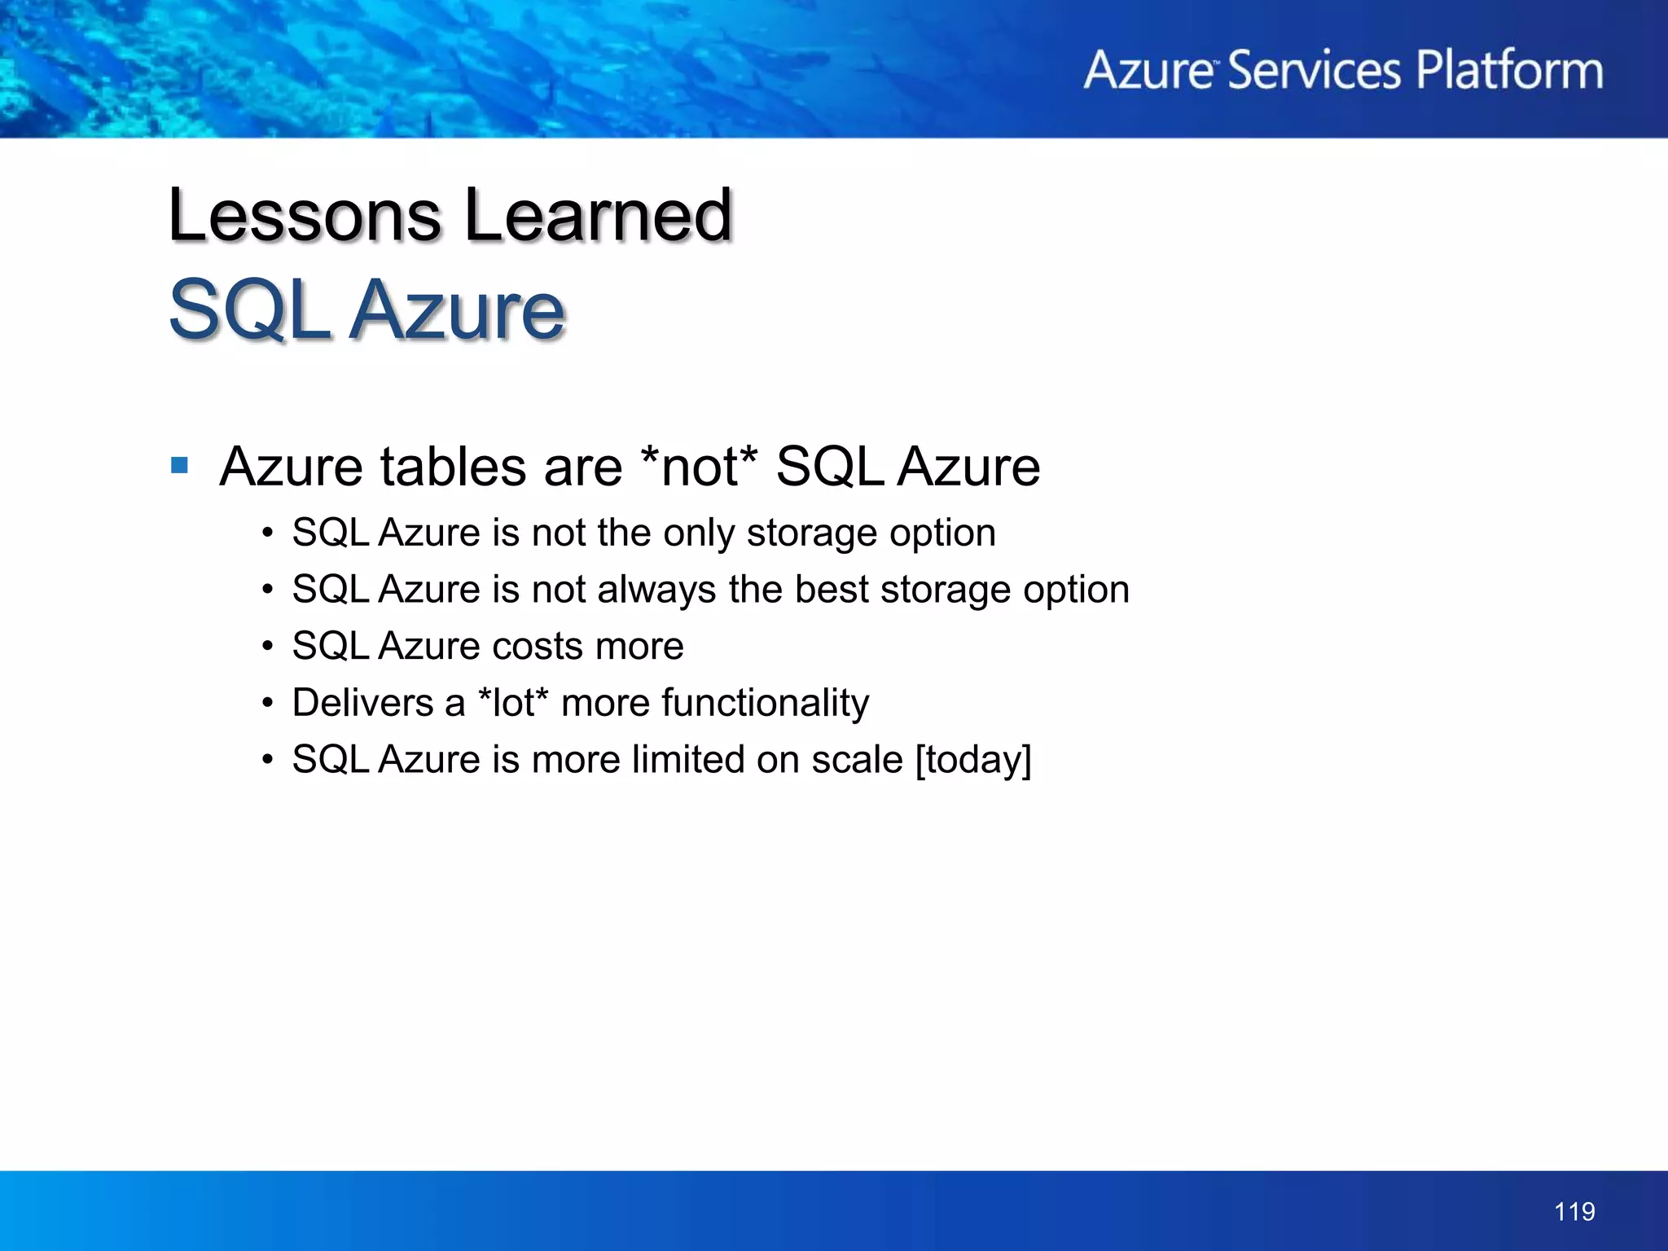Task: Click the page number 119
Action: pos(1574,1211)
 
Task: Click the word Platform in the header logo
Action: pos(1509,70)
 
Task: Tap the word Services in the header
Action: pos(1313,70)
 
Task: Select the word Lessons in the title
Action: pos(305,215)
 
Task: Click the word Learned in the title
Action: pos(599,215)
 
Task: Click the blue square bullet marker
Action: pos(180,466)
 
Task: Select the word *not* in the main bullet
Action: pos(699,467)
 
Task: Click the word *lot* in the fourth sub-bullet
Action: pos(513,703)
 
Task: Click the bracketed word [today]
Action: pos(973,761)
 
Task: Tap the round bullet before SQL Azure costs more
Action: pos(268,647)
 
